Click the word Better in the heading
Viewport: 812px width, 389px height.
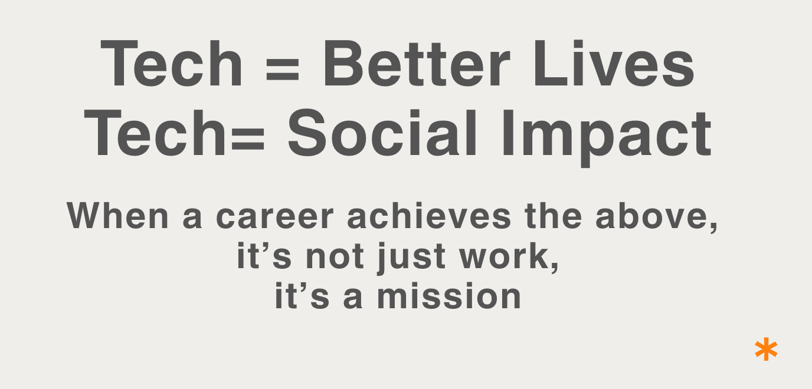click(417, 64)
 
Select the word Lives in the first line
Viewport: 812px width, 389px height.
click(614, 64)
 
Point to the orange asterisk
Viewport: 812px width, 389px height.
click(766, 349)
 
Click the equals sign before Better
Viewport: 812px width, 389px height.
click(283, 70)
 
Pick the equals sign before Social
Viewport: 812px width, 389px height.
click(248, 139)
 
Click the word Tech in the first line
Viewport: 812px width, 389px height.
click(171, 64)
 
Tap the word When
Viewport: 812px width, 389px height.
click(117, 216)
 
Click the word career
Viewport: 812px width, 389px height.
click(274, 217)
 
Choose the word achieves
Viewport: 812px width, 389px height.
click(429, 216)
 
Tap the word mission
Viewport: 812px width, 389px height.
click(448, 296)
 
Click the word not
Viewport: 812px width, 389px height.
click(335, 256)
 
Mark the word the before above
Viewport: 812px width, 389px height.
click(553, 216)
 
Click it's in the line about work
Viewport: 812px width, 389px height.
click(264, 256)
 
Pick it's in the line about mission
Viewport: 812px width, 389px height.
click(302, 295)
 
